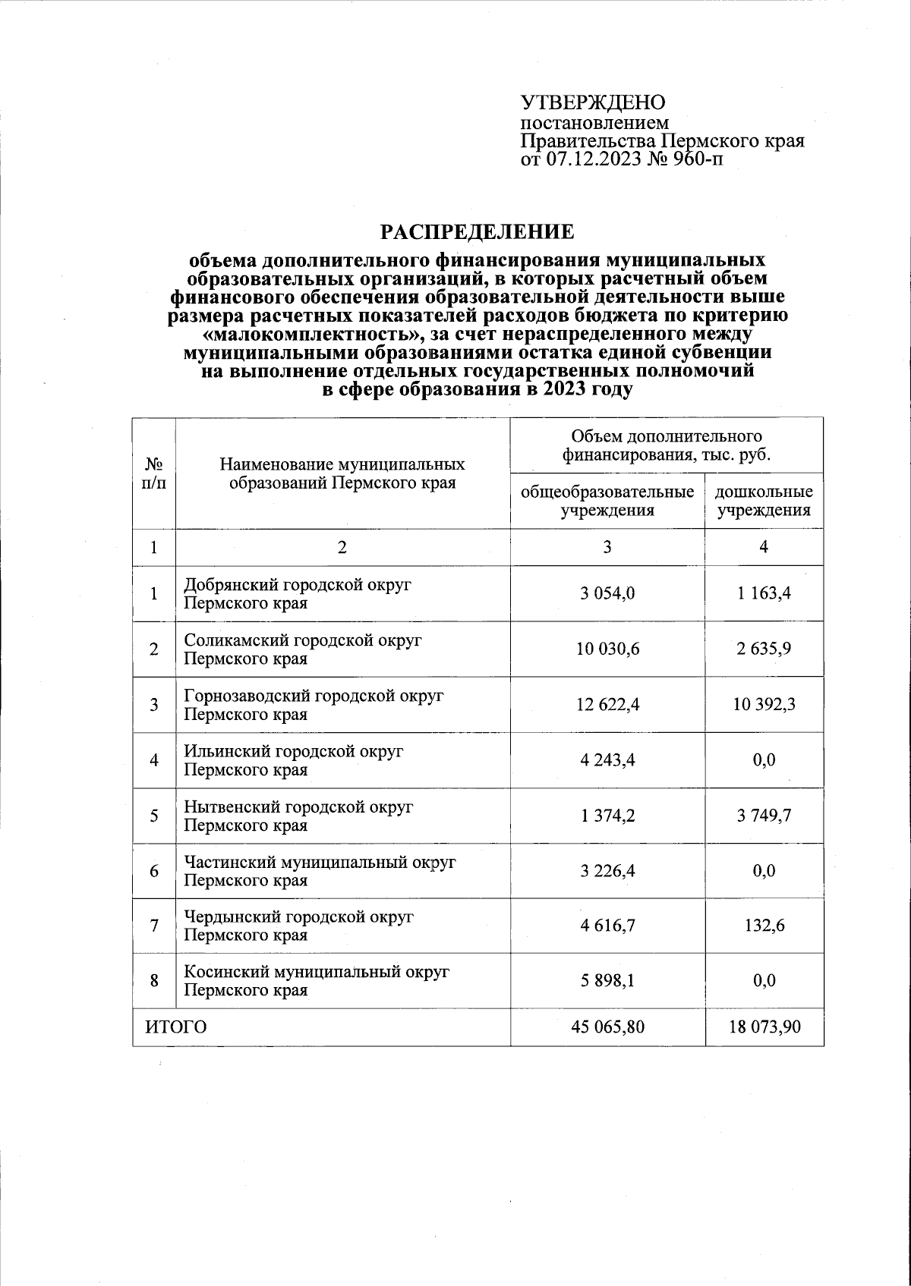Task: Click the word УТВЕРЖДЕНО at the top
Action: [x=592, y=103]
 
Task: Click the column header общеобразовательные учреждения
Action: [x=607, y=501]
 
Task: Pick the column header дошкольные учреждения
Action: [x=764, y=501]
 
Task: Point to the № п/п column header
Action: [x=154, y=472]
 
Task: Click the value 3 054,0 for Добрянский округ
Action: [x=607, y=593]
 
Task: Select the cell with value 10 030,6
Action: [x=607, y=649]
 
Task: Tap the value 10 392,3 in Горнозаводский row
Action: [x=764, y=704]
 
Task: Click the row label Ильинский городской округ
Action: [x=295, y=751]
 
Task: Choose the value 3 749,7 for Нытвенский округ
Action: [x=764, y=816]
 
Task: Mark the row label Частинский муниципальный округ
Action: [x=320, y=863]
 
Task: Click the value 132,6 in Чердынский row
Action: [x=764, y=926]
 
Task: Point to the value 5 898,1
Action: [x=607, y=981]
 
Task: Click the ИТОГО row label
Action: [x=176, y=1027]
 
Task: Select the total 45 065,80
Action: [x=607, y=1027]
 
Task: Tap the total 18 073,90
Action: [x=764, y=1027]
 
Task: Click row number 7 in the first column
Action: [x=154, y=926]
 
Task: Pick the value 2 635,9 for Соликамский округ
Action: [x=764, y=649]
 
